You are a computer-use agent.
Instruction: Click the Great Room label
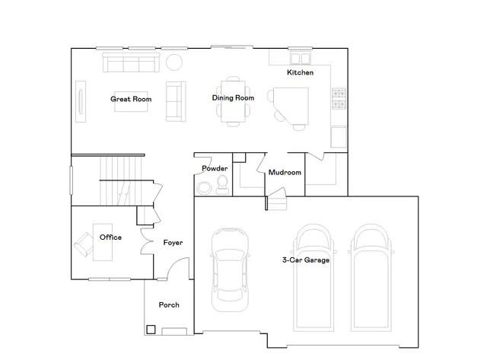(x=131, y=99)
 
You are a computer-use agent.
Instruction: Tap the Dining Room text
(x=232, y=98)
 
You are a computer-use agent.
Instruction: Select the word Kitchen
(x=300, y=73)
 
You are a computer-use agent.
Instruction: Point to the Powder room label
(x=215, y=168)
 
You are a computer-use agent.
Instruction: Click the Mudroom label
(x=285, y=173)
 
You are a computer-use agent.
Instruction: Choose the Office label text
(x=110, y=237)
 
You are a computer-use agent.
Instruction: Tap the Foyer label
(x=173, y=243)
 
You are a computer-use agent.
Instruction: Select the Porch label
(x=169, y=305)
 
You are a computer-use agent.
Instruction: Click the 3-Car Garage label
(x=305, y=260)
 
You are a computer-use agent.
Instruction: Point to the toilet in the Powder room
(x=221, y=183)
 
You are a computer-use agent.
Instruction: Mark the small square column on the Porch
(x=151, y=330)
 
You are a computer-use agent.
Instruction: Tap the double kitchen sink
(x=298, y=58)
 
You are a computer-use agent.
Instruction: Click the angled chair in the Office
(x=82, y=246)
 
